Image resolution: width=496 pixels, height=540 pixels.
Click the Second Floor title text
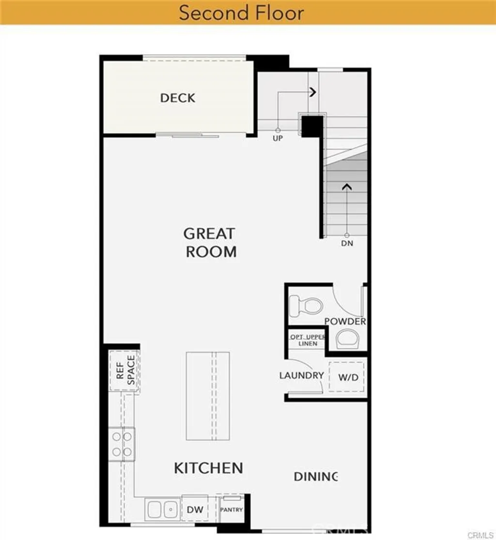(x=241, y=13)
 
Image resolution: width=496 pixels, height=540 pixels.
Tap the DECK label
(x=178, y=98)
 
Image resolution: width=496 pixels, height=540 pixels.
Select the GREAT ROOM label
(x=210, y=242)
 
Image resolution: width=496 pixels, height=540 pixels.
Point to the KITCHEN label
(x=208, y=468)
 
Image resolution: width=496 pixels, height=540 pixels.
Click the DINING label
(x=315, y=477)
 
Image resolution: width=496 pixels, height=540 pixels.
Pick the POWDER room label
(x=345, y=322)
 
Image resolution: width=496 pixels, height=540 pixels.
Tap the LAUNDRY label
(x=301, y=375)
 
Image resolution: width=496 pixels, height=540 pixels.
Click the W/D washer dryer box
(x=348, y=376)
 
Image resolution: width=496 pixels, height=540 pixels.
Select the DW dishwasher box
(x=195, y=509)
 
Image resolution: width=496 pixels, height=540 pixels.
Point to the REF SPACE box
(x=124, y=371)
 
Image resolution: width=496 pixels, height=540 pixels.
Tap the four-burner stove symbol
(x=122, y=444)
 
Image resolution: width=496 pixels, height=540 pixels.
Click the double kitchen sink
(x=162, y=509)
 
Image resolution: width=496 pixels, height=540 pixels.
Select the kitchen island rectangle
(x=208, y=396)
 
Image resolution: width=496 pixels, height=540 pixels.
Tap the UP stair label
(x=278, y=138)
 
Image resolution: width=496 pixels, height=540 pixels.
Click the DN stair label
(x=347, y=243)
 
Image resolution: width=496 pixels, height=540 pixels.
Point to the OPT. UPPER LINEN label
(x=308, y=340)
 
